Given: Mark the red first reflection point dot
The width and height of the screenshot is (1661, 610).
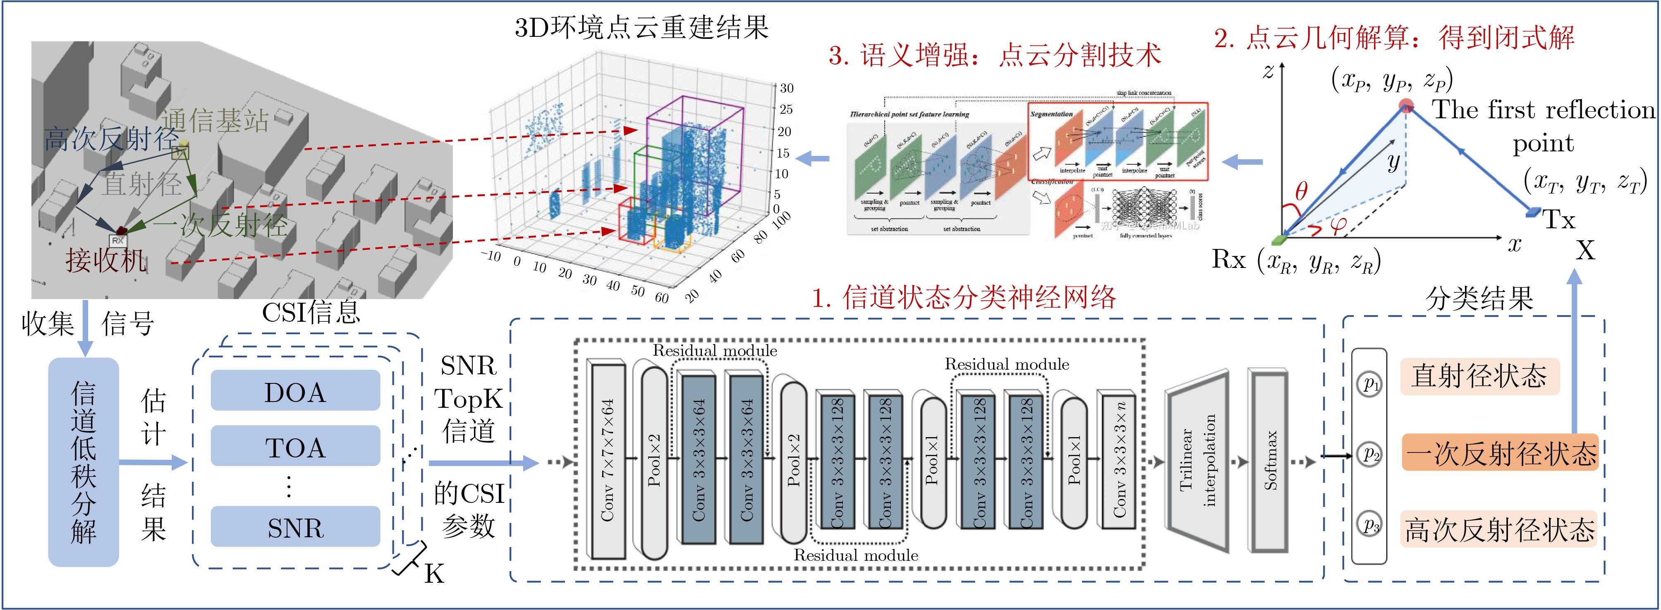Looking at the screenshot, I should tap(1406, 106).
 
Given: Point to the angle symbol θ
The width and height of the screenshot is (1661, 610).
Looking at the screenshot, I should tap(1301, 191).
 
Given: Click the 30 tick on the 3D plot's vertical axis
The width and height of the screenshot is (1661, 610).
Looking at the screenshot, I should tap(787, 89).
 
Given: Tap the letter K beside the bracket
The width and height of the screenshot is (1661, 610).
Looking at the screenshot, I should tap(433, 573).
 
